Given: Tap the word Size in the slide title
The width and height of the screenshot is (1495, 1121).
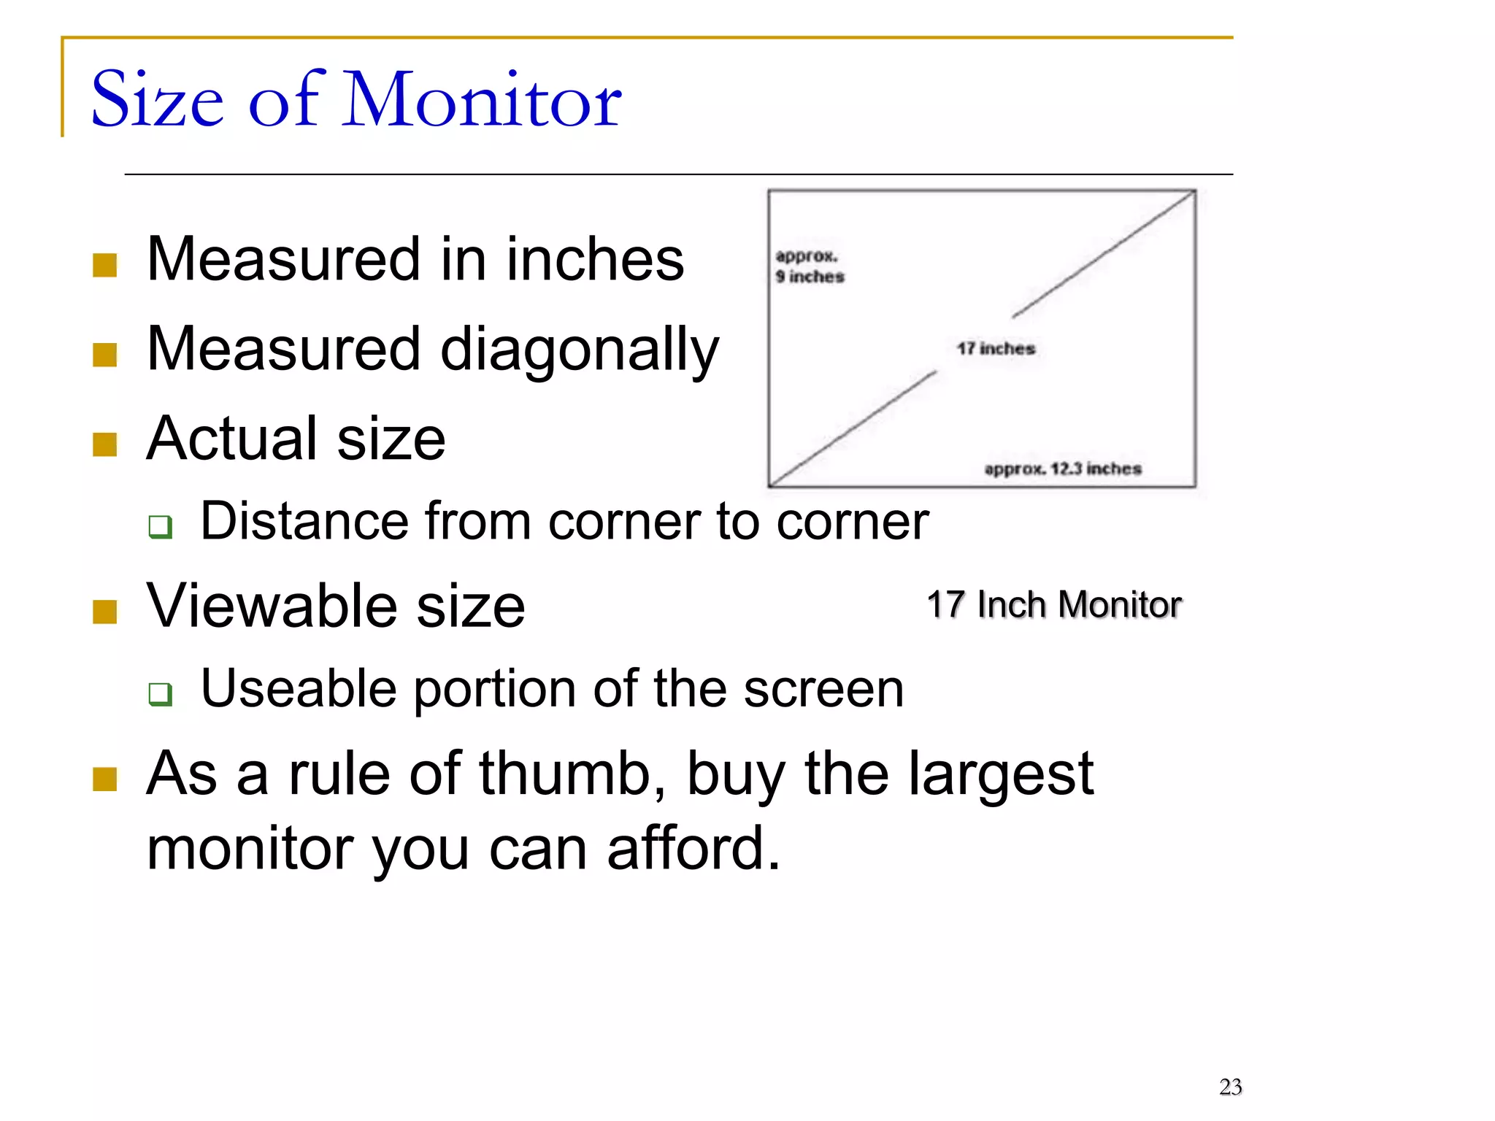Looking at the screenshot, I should [157, 100].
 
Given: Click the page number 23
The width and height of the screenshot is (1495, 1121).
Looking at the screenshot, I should [1230, 1087].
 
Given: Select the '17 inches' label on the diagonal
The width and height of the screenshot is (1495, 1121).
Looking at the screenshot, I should [996, 349].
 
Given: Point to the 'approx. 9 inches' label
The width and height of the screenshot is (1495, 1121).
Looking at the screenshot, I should [809, 266].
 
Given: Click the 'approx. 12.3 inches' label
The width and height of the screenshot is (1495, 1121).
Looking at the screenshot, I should [1062, 469].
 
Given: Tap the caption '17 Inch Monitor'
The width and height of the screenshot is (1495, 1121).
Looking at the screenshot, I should [1053, 605].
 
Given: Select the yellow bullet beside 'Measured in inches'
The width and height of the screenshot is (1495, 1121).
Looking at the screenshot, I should [105, 266].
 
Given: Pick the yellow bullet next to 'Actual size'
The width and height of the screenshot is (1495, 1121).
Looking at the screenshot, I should [105, 444].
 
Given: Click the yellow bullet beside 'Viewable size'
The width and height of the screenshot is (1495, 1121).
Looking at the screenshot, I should [105, 612].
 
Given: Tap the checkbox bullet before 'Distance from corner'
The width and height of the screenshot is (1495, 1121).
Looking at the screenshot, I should [161, 526].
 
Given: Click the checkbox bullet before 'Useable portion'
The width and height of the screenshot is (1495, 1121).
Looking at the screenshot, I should [161, 693].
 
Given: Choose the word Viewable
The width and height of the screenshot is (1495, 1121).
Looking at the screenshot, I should [272, 606].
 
